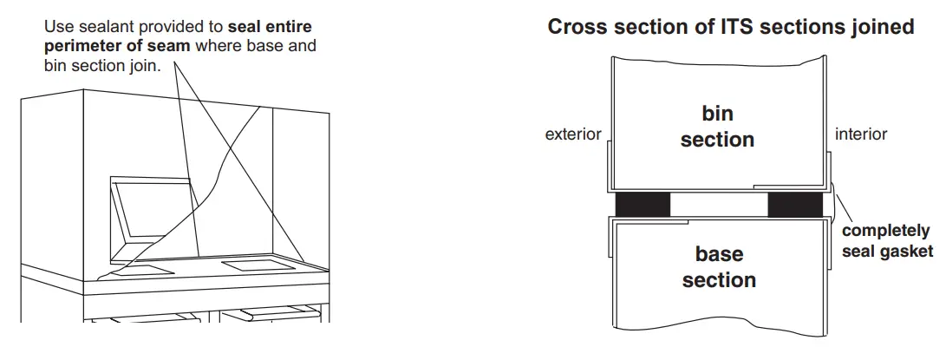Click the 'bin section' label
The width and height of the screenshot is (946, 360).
(717, 126)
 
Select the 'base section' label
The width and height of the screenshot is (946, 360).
(719, 266)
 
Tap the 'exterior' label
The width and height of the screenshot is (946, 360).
(573, 134)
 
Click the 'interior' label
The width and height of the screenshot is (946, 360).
(861, 134)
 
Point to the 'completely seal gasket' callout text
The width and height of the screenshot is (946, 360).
(886, 241)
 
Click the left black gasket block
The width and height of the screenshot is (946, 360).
(643, 205)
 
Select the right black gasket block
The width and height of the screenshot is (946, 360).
(795, 205)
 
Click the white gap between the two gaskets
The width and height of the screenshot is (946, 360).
(719, 205)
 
